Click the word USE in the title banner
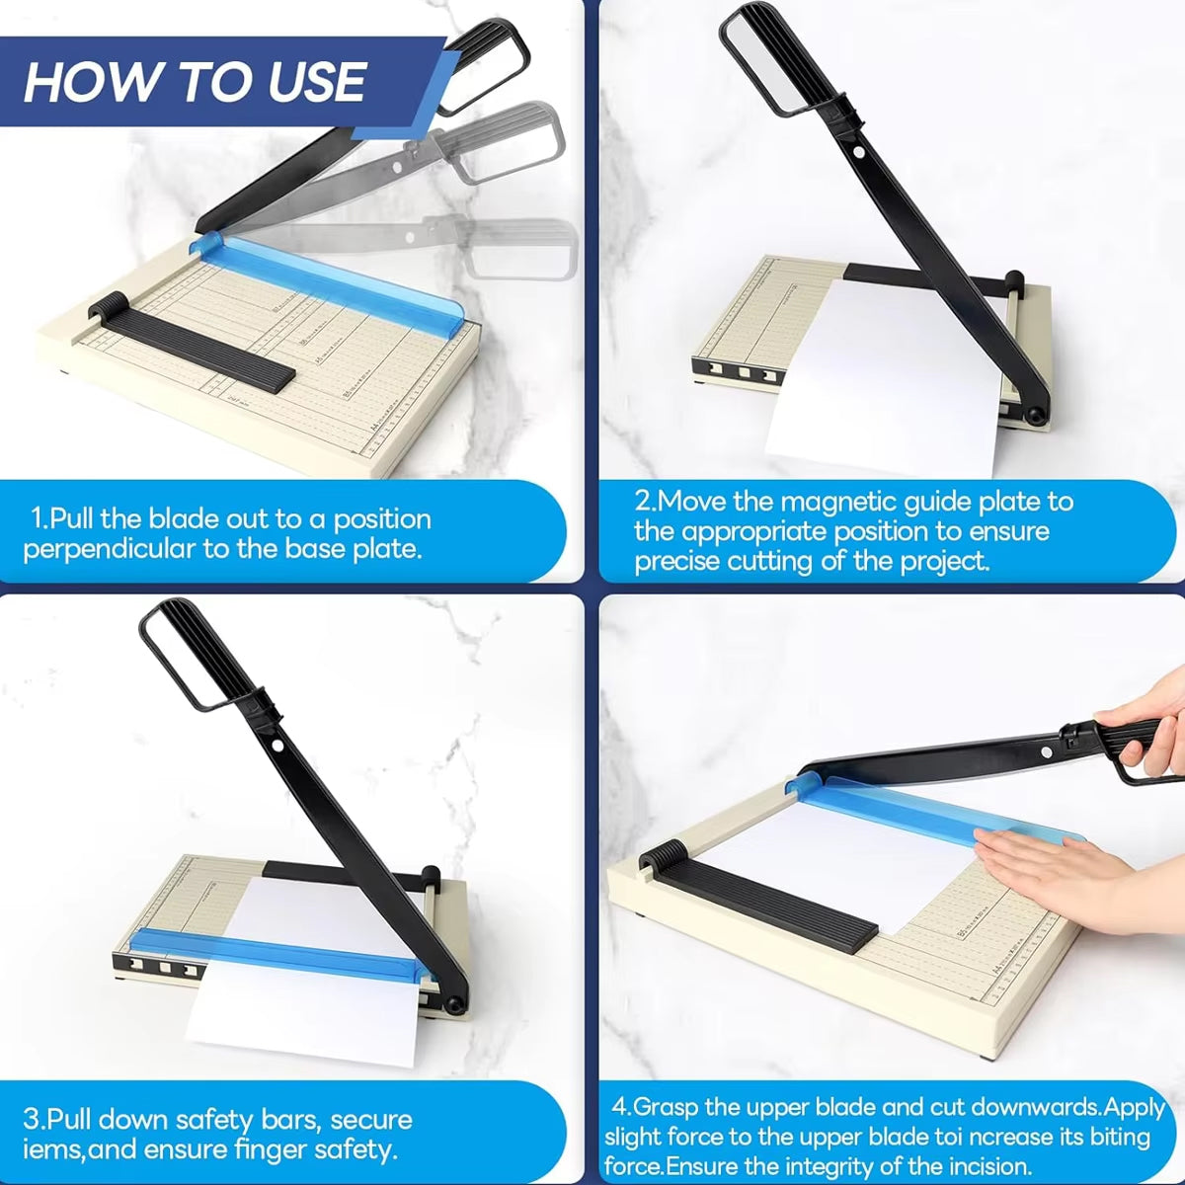pos(316,82)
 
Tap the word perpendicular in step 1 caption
pos(110,549)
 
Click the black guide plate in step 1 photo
pos(197,346)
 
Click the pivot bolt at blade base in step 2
pos(1035,416)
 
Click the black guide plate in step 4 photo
pos(760,899)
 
